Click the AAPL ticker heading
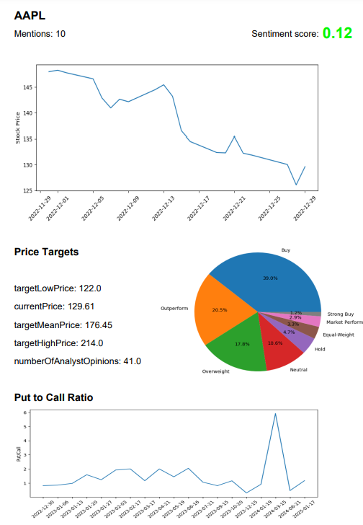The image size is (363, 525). [30, 14]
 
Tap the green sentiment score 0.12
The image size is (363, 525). [337, 33]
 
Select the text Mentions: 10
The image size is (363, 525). [40, 34]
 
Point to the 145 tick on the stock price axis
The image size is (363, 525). [27, 87]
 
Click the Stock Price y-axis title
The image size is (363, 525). [18, 127]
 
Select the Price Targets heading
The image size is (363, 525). [47, 252]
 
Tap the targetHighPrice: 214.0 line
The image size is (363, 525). [59, 343]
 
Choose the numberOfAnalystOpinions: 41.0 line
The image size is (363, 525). [78, 361]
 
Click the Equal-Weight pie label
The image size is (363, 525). [339, 335]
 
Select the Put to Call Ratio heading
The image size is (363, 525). [53, 397]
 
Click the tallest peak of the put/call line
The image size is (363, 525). [274, 413]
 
